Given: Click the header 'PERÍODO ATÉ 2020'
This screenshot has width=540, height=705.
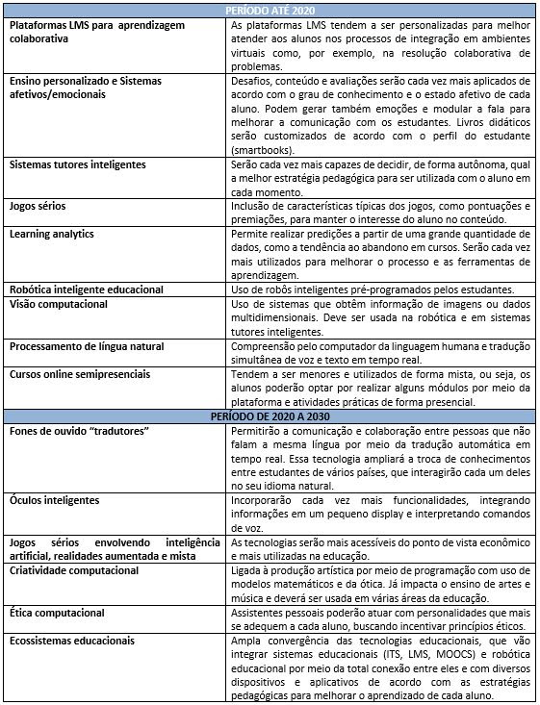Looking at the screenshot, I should (x=270, y=10).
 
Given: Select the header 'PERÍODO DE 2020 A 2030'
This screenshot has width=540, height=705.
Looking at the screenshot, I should (x=270, y=415).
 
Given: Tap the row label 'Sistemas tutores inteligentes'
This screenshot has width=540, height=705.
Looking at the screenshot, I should (x=78, y=164).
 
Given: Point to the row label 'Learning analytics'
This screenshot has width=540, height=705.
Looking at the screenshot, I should (x=51, y=234).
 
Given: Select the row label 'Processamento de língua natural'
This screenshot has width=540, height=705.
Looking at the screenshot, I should (x=88, y=345).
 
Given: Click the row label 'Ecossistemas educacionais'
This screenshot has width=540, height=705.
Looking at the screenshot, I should (x=72, y=640).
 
